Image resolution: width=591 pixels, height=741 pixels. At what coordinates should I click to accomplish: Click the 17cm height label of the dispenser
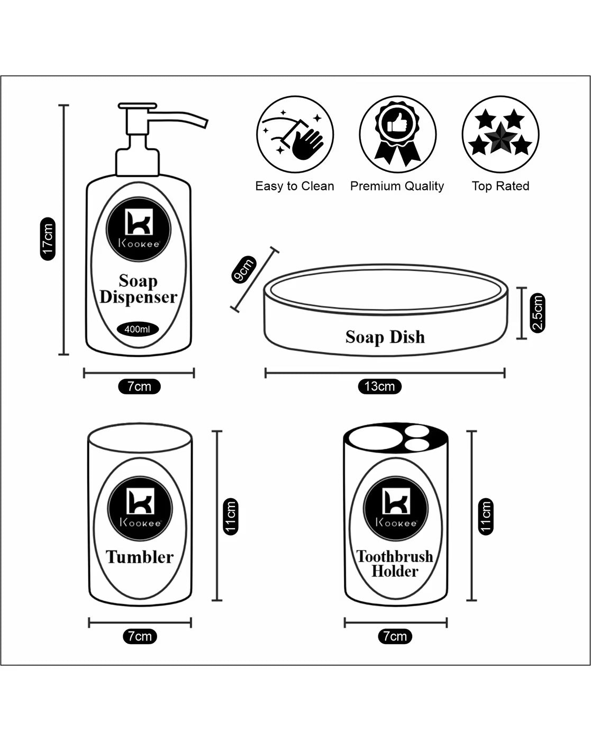click(48, 239)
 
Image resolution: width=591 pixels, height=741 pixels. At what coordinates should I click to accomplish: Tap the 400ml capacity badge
click(137, 329)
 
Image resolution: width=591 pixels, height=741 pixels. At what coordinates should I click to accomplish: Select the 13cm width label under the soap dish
click(379, 386)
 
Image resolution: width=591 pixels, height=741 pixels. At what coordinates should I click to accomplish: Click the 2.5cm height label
click(537, 313)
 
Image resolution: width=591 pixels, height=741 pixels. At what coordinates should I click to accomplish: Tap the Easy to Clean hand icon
click(295, 134)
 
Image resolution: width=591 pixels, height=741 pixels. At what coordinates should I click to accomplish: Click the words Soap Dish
click(385, 337)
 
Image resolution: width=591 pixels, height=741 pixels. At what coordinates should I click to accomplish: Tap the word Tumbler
click(140, 557)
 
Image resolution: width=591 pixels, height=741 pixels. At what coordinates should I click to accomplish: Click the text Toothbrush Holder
click(395, 564)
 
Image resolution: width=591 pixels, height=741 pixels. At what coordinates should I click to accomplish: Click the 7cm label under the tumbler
click(140, 636)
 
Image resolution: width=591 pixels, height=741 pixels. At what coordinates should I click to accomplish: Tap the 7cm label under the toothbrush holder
click(395, 636)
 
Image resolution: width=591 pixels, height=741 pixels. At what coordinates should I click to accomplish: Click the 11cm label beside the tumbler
click(230, 516)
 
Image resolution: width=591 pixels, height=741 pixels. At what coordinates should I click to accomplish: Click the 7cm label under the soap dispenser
click(139, 386)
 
